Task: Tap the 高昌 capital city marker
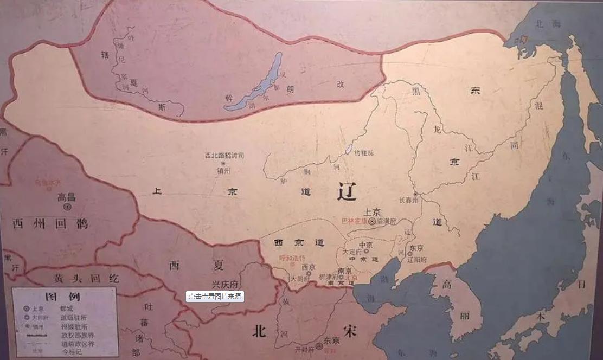point(67,207)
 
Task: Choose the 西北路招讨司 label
point(224,155)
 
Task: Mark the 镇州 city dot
point(222,163)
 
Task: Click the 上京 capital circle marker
point(372,221)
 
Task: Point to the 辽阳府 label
point(418,259)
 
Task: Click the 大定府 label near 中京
point(353,252)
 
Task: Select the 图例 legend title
point(63,296)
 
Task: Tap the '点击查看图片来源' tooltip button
point(215,297)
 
